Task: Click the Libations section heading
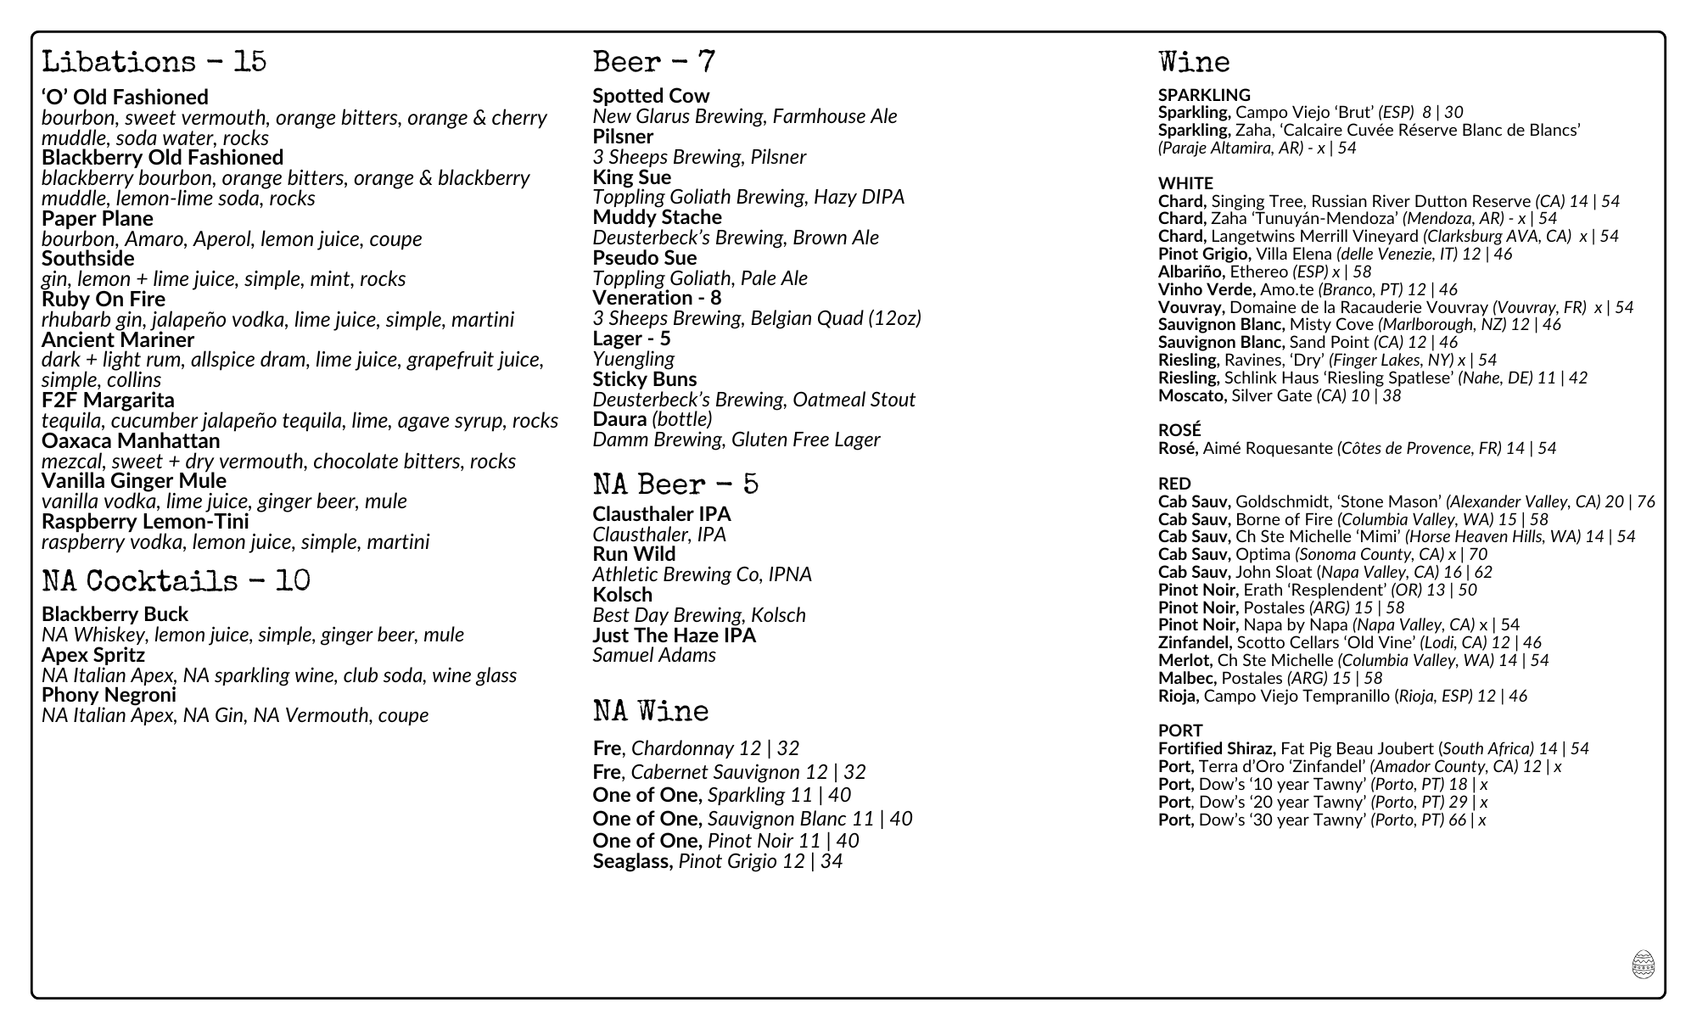coord(154,62)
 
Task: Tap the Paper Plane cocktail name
coord(97,219)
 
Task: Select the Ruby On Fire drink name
coord(103,299)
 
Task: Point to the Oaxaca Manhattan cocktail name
coord(130,441)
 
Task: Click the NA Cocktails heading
coord(176,581)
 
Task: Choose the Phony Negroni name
coord(109,695)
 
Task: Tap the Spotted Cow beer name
coord(650,96)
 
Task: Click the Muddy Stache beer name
coord(656,217)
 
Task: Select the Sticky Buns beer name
coord(644,379)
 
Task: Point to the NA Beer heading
coord(675,484)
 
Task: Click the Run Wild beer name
coord(633,554)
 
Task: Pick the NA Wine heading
coord(650,711)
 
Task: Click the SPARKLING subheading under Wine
coord(1203,95)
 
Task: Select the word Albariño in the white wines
coord(1191,271)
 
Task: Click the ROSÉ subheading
coord(1179,430)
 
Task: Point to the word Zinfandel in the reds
coord(1194,642)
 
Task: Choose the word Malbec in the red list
coord(1187,678)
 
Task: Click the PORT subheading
coord(1179,731)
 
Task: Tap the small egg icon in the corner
coord(1643,965)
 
